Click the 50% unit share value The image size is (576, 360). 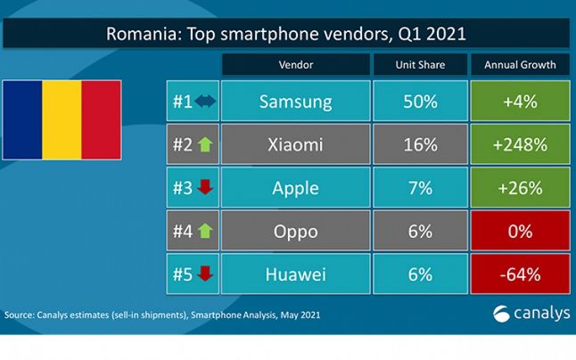pos(420,102)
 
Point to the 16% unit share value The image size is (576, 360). pos(420,144)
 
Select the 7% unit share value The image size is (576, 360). pos(420,187)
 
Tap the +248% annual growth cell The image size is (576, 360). pos(519,144)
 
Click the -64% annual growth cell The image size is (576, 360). pos(519,273)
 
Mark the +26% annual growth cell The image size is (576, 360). pos(519,187)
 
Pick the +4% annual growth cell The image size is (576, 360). pos(519,102)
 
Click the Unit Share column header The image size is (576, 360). pos(420,64)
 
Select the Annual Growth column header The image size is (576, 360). pos(519,64)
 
